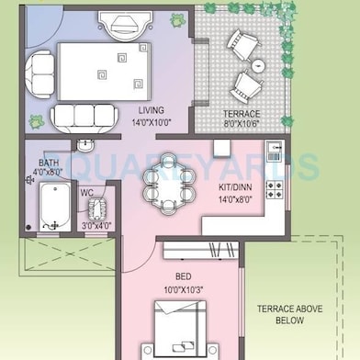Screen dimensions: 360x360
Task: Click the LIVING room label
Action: pos(152,110)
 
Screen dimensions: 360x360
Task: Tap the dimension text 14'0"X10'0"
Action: pos(152,122)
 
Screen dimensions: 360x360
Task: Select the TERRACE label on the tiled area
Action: pos(242,114)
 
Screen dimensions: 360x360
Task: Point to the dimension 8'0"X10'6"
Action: pos(242,124)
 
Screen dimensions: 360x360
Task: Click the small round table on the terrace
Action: pos(259,65)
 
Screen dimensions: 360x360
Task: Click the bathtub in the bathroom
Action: pos(55,207)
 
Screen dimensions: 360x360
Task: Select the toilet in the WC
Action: pos(97,208)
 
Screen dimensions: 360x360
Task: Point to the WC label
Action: pos(87,193)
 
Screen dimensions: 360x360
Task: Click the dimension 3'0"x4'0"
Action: pos(96,226)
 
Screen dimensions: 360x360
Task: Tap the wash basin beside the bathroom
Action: pos(85,145)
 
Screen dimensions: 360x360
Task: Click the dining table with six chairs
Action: pos(169,184)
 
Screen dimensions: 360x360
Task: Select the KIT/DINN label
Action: pos(235,187)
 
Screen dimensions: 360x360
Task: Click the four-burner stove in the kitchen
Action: pos(274,189)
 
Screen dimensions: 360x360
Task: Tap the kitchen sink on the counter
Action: pos(275,151)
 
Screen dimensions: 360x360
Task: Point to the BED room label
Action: pos(184,276)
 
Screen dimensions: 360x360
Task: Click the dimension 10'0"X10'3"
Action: pos(184,289)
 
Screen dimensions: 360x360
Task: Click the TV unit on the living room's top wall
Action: pos(126,26)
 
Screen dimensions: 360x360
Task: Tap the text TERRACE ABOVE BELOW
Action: pos(289,315)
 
